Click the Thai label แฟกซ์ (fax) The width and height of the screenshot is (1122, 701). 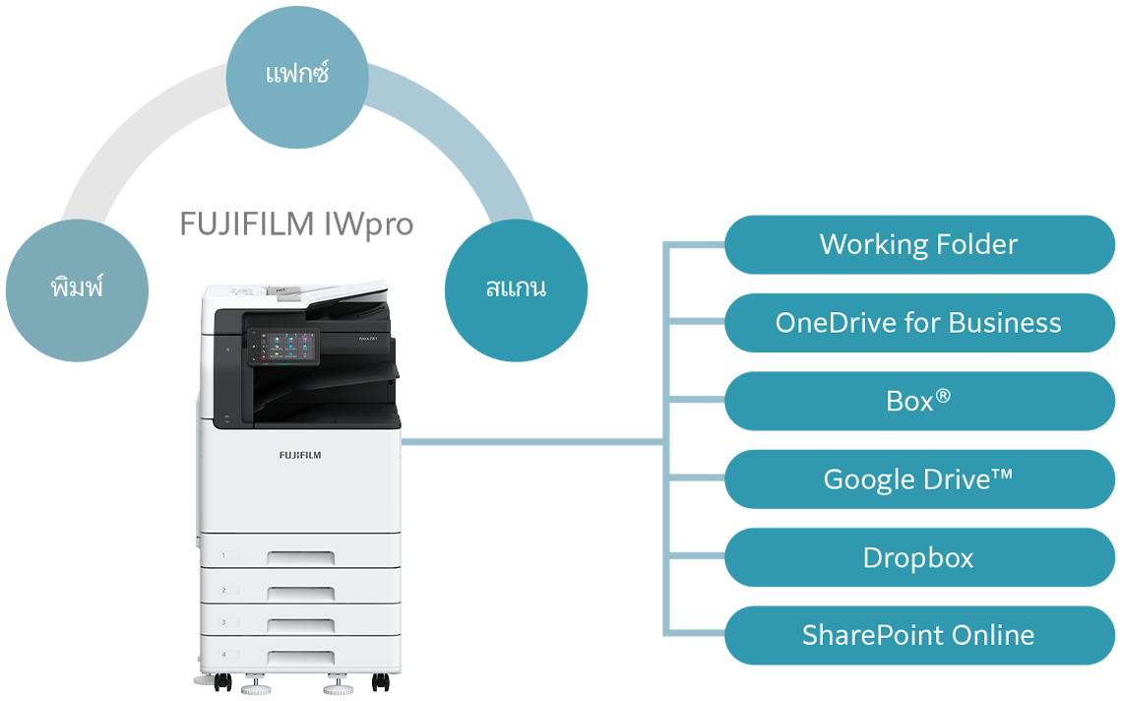tap(297, 74)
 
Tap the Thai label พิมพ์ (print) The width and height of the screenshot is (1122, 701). tap(77, 287)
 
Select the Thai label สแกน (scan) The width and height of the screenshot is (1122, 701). tap(516, 287)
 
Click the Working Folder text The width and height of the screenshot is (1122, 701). tap(918, 244)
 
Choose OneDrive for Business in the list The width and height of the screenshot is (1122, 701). tap(918, 323)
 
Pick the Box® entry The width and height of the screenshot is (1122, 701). tap(918, 401)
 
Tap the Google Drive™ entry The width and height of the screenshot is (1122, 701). tap(918, 479)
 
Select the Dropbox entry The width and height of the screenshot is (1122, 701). tap(918, 557)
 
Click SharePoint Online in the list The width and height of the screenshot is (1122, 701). tap(918, 635)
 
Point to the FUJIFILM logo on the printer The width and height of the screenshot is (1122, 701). tap(299, 455)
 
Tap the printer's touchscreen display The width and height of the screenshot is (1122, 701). tap(282, 347)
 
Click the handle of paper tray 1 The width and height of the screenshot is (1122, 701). tap(300, 558)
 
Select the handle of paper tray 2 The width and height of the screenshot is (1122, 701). tap(300, 593)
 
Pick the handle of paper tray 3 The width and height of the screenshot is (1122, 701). tap(300, 625)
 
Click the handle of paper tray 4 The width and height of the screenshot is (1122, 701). tap(300, 658)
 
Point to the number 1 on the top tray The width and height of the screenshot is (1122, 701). tap(223, 555)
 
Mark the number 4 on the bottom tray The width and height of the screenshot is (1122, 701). tap(223, 655)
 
